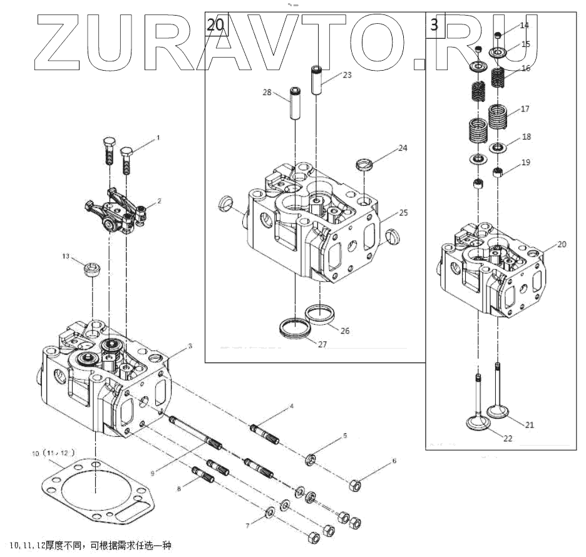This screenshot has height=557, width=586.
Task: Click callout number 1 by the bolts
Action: tap(158, 136)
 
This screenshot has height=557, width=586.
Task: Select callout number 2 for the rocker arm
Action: tap(159, 201)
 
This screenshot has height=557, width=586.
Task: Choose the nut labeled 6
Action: tap(353, 484)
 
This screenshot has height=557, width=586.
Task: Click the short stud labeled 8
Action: tap(203, 475)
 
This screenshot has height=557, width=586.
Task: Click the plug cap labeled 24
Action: tap(364, 166)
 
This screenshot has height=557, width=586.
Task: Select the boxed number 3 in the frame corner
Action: tap(434, 25)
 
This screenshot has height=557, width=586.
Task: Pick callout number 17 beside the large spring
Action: tap(525, 109)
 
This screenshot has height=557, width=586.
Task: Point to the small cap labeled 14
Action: tap(498, 34)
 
